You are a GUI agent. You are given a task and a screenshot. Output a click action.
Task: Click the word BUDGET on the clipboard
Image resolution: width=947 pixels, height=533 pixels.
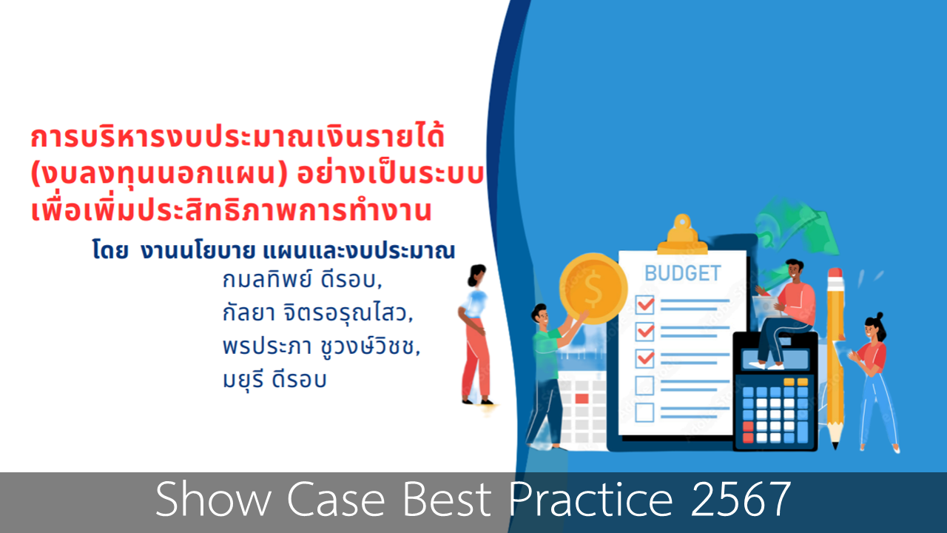point(682,273)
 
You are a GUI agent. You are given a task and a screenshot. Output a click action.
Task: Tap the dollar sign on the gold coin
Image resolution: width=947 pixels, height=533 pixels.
point(593,289)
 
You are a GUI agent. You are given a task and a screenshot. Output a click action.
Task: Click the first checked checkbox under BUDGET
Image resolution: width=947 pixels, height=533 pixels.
point(644,304)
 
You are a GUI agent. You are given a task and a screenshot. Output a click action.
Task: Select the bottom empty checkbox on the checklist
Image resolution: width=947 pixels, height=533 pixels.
point(644,412)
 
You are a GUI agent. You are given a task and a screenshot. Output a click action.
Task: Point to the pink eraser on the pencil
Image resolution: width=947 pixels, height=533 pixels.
point(835,273)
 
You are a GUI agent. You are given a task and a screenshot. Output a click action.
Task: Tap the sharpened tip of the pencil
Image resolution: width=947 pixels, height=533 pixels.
point(835,446)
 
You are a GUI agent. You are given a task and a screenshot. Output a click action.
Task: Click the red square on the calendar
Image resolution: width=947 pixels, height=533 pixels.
point(582,398)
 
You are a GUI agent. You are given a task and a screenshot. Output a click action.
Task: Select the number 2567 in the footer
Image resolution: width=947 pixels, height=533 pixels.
point(741,499)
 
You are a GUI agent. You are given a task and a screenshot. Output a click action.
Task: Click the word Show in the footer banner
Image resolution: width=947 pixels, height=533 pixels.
point(214,499)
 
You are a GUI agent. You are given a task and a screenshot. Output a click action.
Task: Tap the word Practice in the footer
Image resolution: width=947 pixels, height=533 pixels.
point(590,499)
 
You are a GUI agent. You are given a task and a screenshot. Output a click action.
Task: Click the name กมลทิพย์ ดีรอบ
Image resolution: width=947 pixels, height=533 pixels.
point(303,280)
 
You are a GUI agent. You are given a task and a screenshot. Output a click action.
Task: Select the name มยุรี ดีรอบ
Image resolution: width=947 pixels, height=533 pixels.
point(274,379)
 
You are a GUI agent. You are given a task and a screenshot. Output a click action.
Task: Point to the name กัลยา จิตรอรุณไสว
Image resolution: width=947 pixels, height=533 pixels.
point(317,313)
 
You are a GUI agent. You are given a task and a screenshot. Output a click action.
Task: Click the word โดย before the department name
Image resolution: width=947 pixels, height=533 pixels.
point(110,250)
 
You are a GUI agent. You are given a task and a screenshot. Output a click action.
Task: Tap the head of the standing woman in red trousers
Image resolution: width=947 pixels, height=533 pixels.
point(478,275)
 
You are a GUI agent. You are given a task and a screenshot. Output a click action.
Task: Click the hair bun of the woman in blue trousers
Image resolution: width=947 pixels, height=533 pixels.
point(880,315)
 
